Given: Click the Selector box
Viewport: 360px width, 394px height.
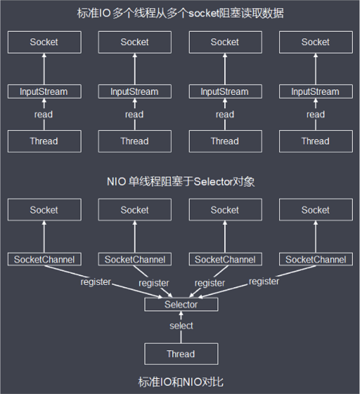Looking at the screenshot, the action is tap(181, 305).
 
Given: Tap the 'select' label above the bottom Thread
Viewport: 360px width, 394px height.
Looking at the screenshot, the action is tap(181, 326).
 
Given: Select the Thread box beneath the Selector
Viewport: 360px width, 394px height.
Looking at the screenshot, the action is tap(181, 354).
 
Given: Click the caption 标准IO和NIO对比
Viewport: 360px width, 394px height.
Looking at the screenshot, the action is tap(181, 382).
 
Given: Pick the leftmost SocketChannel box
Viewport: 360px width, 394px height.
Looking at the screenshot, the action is tap(44, 259).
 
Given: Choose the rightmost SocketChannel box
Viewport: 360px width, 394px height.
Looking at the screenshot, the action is tap(316, 259).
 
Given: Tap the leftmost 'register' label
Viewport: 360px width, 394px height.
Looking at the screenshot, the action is tap(95, 282).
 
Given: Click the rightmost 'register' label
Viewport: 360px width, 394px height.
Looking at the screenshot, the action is tap(264, 281).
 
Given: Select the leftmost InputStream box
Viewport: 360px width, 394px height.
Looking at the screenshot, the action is tap(44, 91).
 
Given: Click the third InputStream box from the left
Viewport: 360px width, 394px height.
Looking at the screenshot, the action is tap(225, 91).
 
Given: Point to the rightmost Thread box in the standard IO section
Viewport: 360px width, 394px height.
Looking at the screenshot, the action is tap(316, 141).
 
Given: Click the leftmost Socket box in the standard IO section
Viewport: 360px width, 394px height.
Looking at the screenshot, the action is tap(44, 42).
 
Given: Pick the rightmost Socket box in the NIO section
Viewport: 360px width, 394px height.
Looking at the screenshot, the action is tap(316, 210).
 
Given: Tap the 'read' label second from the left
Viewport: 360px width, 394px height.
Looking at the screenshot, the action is tap(134, 114).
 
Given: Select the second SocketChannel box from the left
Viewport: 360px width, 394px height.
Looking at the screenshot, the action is tap(135, 259).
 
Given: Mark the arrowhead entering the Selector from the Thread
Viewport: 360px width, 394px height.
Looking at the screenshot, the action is tap(181, 313).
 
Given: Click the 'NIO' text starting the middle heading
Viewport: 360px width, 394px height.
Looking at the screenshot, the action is tap(116, 181).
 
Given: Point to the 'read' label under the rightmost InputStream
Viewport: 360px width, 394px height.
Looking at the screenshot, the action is tap(316, 114).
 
